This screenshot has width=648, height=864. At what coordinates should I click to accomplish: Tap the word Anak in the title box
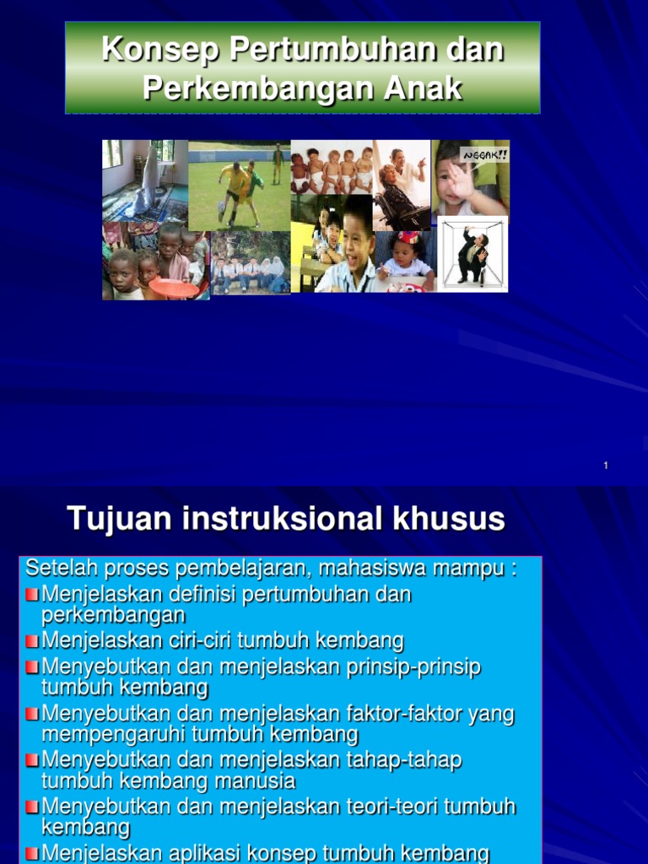coord(423,88)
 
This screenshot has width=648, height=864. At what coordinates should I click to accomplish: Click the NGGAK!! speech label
coord(484,155)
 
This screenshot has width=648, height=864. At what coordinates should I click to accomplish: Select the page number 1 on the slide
coord(606,466)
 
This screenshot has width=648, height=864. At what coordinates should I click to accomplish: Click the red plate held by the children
coord(174,288)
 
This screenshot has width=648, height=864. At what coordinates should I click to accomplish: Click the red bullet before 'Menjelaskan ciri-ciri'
coord(32,641)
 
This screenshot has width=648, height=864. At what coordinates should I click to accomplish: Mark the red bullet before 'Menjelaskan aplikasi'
coord(32,854)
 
